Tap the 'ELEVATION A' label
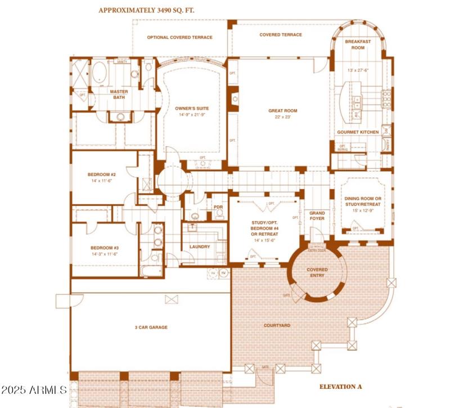click(341, 387)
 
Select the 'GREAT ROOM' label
click(282, 111)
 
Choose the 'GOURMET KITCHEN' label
click(358, 132)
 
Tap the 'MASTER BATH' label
click(118, 95)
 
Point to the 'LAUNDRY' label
click(200, 246)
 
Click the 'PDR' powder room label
click(218, 207)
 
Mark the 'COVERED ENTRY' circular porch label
click(317, 273)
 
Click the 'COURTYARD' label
click(277, 325)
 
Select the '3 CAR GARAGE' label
click(151, 327)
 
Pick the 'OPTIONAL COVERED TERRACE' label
click(179, 38)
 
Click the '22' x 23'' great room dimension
click(282, 118)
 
